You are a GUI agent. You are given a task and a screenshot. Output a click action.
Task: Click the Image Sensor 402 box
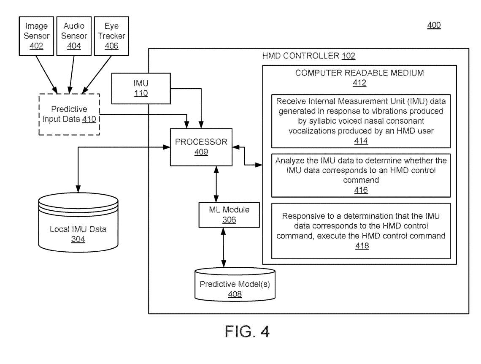37,35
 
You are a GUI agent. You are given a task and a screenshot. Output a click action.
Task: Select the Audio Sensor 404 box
74,35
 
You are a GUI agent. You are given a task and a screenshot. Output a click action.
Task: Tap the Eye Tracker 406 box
111,35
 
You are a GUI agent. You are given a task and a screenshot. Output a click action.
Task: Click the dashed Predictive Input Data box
69,114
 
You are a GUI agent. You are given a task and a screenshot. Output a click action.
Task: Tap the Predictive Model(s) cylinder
235,285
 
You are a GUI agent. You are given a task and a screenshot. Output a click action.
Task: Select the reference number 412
359,83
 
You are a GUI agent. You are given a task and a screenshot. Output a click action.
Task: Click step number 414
361,141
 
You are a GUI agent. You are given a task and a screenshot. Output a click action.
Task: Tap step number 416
361,190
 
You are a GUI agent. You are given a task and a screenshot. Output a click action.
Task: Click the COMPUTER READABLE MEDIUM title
359,73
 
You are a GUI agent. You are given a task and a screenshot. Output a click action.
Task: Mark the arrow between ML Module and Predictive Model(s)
223,247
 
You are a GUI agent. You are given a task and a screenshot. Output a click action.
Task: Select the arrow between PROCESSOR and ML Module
216,184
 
